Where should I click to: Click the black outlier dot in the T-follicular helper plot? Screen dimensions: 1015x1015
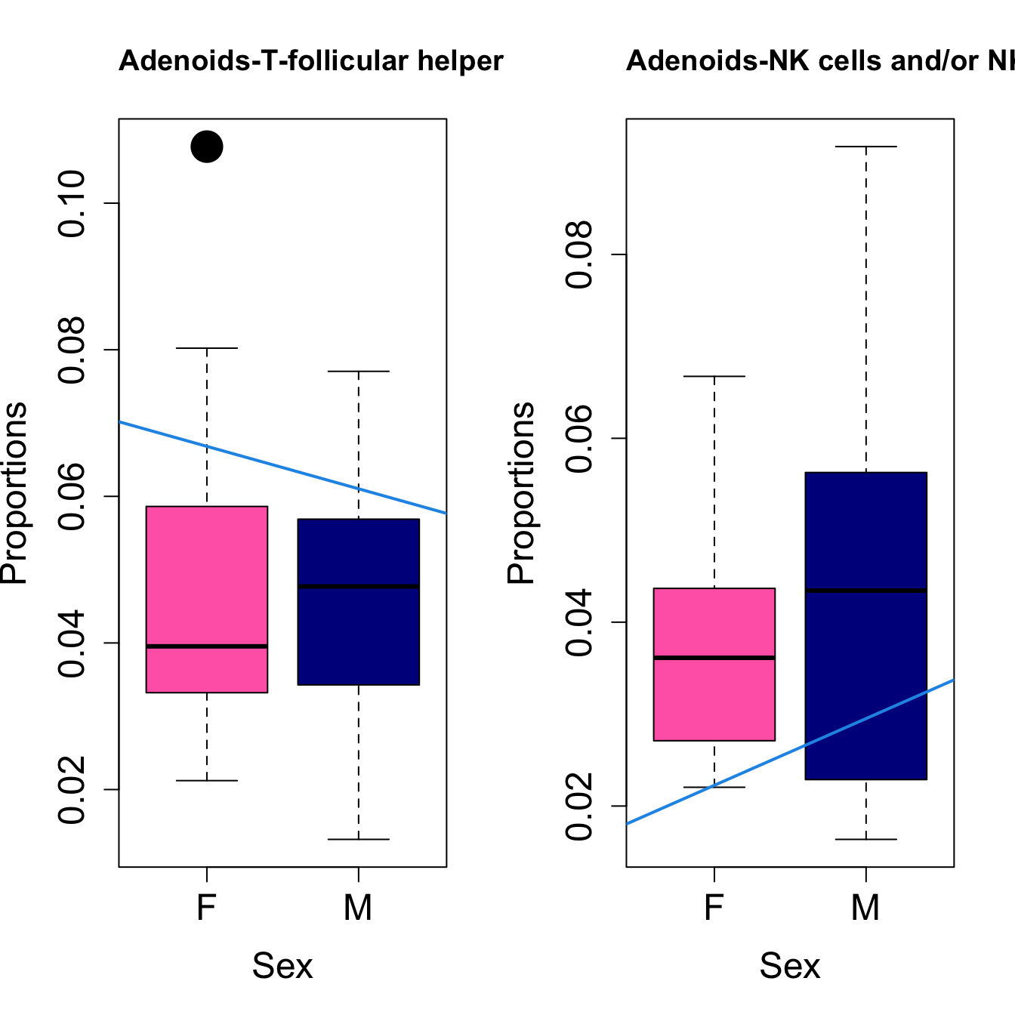click(x=207, y=147)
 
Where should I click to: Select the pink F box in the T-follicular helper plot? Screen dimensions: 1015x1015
click(x=207, y=574)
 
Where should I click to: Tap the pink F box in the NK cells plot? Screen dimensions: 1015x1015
click(x=714, y=695)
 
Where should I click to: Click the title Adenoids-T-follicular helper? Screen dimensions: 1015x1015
click(x=310, y=61)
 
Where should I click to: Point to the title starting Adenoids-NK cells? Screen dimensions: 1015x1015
click(x=820, y=61)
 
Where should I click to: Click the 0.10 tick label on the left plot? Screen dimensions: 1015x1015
click(x=73, y=204)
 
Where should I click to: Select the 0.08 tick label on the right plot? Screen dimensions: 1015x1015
click(x=581, y=255)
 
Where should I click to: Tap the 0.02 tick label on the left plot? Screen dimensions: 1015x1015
click(x=73, y=790)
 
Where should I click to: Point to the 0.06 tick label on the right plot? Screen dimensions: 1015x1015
click(x=581, y=439)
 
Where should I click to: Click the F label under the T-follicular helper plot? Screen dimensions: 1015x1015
click(x=207, y=907)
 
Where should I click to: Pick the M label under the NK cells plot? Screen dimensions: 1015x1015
click(x=865, y=907)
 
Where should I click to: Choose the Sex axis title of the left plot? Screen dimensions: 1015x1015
click(x=282, y=966)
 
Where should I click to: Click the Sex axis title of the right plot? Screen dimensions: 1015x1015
click(x=790, y=966)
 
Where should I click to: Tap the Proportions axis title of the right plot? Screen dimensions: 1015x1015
click(x=521, y=492)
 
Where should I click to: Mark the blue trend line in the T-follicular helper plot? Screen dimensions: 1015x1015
click(x=282, y=467)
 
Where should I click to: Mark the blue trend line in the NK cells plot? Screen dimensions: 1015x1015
click(x=790, y=752)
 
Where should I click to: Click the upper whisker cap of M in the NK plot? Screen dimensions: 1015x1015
click(x=865, y=147)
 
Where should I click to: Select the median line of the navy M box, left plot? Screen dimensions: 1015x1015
click(x=358, y=586)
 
